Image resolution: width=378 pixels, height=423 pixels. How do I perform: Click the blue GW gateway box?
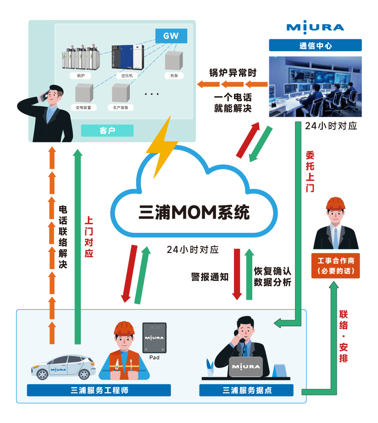(x=171, y=36)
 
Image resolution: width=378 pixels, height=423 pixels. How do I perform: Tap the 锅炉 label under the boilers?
(x=80, y=76)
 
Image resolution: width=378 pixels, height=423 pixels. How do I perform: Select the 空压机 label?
(x=127, y=76)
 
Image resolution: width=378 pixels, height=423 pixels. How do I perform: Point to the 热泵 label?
(x=174, y=76)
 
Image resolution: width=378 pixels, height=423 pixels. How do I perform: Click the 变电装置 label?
(x=83, y=108)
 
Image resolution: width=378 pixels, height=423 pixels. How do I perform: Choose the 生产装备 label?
(x=121, y=108)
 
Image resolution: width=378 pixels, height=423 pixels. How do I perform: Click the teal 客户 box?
(x=107, y=131)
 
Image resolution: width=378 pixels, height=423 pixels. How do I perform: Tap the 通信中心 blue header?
(x=315, y=45)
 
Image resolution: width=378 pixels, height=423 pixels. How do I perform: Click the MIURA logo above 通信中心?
(x=315, y=27)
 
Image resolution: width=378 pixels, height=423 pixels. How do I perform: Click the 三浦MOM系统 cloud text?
(x=194, y=212)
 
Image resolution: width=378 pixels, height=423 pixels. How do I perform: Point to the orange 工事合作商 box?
(x=336, y=266)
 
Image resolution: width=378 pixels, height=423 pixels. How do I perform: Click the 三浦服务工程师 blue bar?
(x=99, y=390)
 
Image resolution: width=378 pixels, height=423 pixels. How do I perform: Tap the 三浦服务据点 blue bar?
(x=246, y=390)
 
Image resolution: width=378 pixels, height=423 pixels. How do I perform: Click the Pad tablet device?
(x=155, y=338)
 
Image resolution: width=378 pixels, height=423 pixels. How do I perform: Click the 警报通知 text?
(x=210, y=277)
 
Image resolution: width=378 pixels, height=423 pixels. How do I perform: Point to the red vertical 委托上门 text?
(x=310, y=171)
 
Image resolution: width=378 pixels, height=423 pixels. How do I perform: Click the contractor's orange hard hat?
(x=336, y=203)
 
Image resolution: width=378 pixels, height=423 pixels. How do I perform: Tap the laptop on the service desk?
(x=246, y=367)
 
